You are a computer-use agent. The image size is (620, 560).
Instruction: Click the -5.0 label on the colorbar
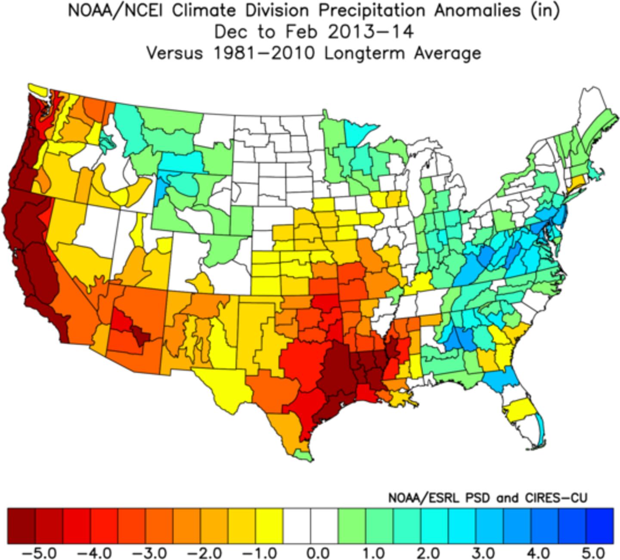pyautogui.click(x=39, y=552)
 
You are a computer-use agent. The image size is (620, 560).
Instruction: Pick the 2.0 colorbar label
pyautogui.click(x=429, y=552)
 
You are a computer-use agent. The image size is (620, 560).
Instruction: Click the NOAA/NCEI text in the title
pyautogui.click(x=116, y=11)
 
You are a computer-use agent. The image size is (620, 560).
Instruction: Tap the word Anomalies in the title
pyautogui.click(x=478, y=11)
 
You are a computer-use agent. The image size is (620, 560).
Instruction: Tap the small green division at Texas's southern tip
pyautogui.click(x=304, y=456)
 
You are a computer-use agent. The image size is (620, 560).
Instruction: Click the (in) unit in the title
pyautogui.click(x=545, y=11)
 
